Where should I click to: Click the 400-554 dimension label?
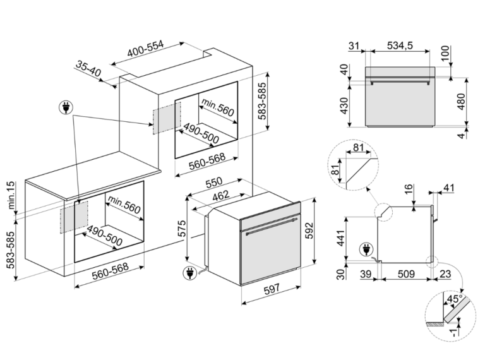click(x=145, y=49)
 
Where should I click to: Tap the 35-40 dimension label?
click(x=88, y=69)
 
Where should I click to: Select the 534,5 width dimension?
click(x=400, y=45)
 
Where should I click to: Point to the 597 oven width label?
click(x=272, y=289)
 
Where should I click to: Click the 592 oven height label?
click(x=309, y=231)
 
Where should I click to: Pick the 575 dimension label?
click(x=183, y=228)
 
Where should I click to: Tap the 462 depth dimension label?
click(x=221, y=195)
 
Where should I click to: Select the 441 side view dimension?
click(x=340, y=238)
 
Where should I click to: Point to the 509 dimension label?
click(x=406, y=273)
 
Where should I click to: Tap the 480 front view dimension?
click(x=461, y=102)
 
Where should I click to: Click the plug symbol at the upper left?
click(x=66, y=108)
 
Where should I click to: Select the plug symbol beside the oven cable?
click(x=190, y=273)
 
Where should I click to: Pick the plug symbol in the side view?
click(x=366, y=249)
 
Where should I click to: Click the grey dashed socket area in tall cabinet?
click(x=167, y=117)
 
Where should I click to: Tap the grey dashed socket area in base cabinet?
click(x=74, y=217)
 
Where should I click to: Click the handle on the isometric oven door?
click(x=272, y=226)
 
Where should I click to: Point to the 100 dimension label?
click(x=445, y=53)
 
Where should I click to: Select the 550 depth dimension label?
click(x=213, y=183)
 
